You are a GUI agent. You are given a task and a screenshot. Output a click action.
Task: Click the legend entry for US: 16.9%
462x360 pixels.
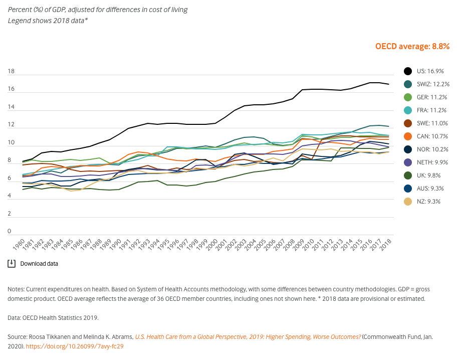(x=425, y=71)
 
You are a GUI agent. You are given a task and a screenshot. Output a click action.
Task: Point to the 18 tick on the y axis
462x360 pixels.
(x=11, y=72)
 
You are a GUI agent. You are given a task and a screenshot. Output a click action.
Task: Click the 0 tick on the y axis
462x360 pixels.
(x=9, y=232)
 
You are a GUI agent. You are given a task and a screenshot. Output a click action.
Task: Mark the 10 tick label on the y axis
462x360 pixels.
(x=11, y=143)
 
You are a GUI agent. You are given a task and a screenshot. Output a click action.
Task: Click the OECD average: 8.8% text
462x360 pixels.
(x=412, y=46)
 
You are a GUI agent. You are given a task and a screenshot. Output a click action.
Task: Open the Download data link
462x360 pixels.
(x=39, y=263)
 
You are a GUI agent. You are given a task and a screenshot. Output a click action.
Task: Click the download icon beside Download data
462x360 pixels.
(x=12, y=263)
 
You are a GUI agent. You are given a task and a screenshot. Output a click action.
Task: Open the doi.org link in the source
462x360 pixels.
(x=75, y=346)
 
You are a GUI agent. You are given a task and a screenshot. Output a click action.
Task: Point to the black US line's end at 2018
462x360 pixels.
(x=389, y=84)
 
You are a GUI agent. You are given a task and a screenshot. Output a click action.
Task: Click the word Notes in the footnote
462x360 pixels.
(x=16, y=289)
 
